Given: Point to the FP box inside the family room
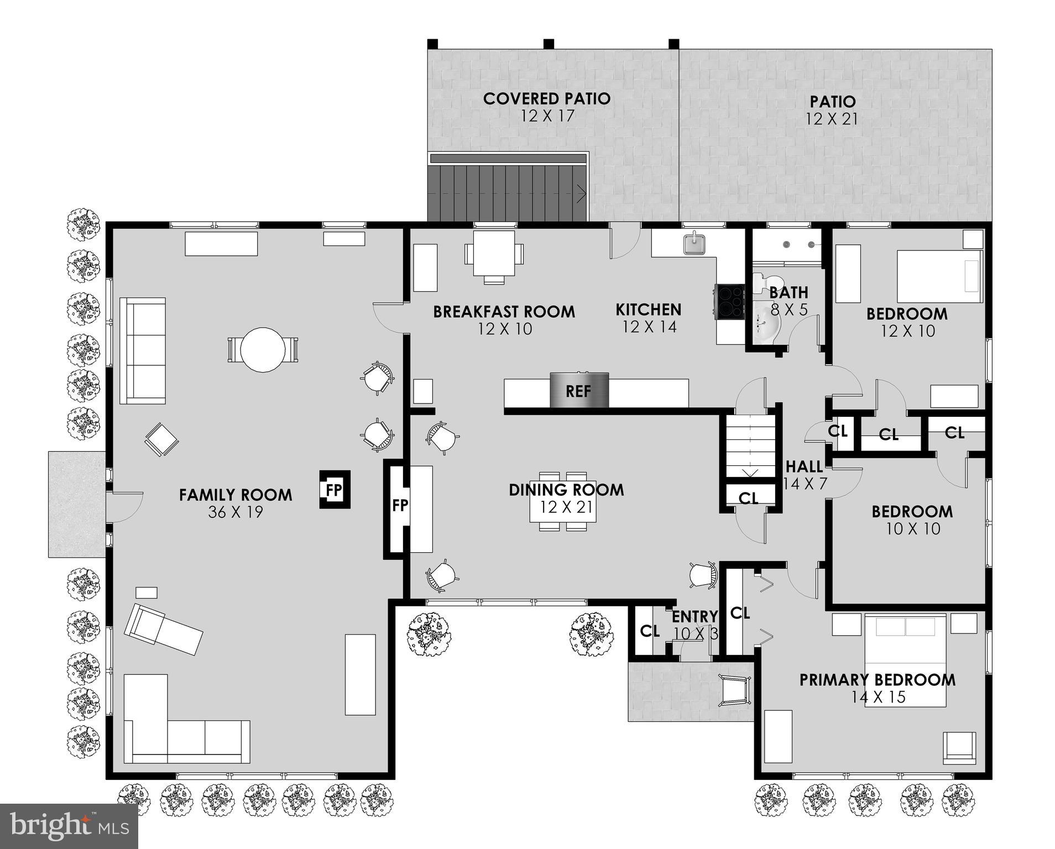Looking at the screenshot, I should [335, 490].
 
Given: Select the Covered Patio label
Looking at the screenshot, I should [546, 99].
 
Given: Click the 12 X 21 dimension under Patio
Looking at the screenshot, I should [832, 119].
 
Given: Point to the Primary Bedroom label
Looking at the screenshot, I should [877, 680].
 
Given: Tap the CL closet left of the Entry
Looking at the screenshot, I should [649, 631].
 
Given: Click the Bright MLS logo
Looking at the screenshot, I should [69, 826].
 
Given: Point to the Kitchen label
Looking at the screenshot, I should [648, 310].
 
